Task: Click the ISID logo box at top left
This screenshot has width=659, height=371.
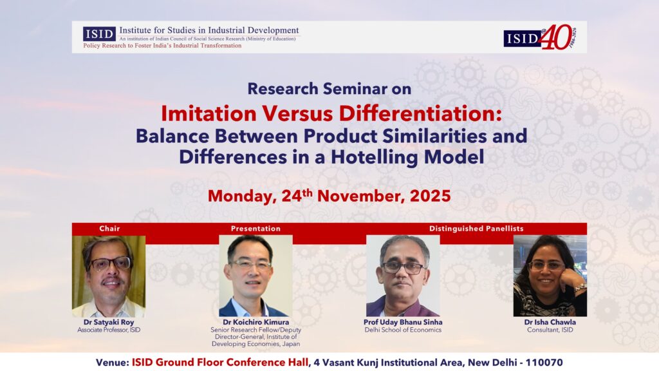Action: coord(99,34)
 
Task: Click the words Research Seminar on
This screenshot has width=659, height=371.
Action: coord(329,89)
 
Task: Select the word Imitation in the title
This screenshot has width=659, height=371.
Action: coord(209,113)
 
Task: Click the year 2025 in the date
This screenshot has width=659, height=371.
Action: coord(430,196)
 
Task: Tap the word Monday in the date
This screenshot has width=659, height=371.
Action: coord(242,196)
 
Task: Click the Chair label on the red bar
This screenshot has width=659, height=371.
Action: coord(109,229)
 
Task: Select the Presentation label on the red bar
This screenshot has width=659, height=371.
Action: coord(255,229)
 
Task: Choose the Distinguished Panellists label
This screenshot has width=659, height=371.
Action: coord(476,229)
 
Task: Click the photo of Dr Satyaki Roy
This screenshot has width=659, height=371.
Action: coord(109,276)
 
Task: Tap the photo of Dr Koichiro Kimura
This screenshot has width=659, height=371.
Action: coord(255,276)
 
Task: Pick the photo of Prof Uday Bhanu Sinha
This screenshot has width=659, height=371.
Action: coord(403,276)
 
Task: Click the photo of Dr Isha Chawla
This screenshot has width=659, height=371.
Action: coord(550,276)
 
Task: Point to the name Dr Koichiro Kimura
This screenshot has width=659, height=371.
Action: coord(255,322)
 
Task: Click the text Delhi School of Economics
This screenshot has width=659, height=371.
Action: coord(403,330)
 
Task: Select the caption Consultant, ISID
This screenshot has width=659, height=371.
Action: coord(550,330)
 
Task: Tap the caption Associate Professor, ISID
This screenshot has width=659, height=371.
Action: coord(109,330)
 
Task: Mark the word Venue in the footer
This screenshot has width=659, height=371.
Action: coord(112,363)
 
